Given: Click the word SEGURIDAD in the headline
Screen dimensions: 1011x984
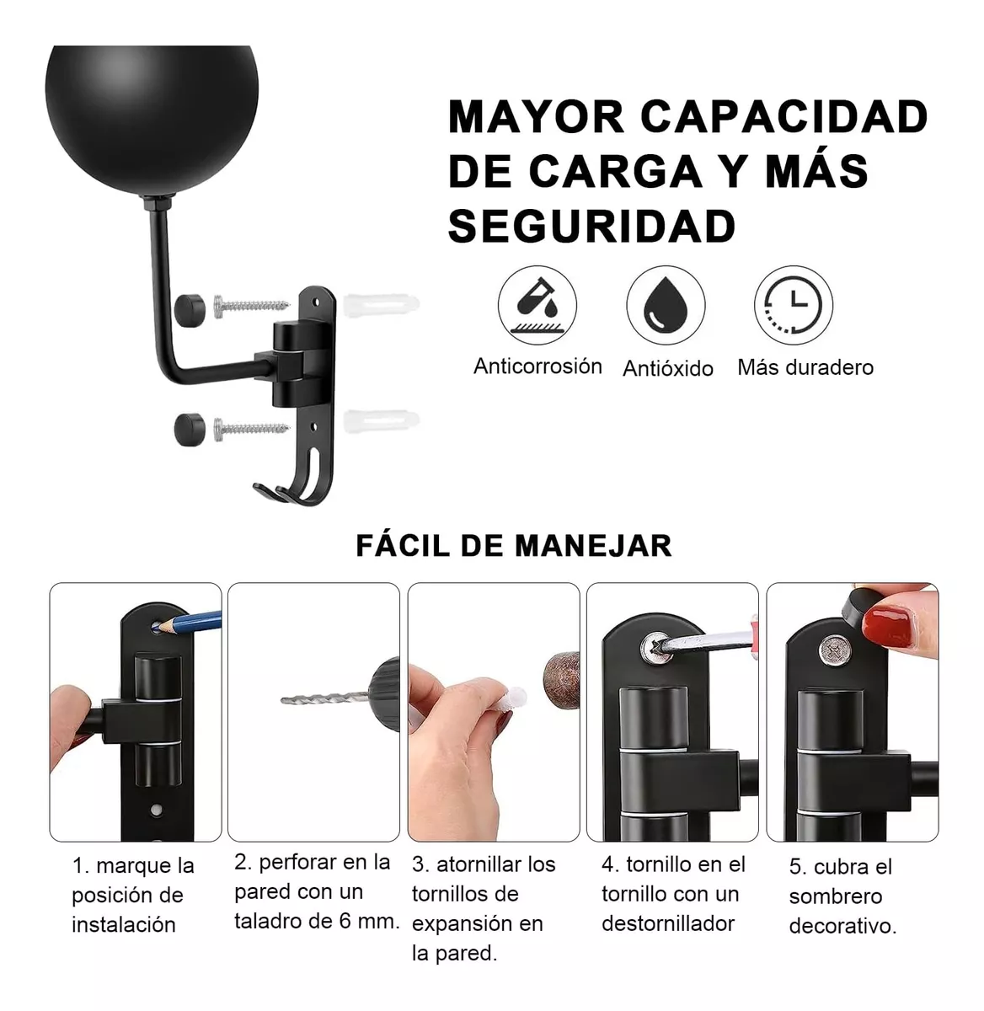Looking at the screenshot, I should click(591, 226).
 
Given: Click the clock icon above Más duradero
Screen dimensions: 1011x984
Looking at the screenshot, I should click(793, 305).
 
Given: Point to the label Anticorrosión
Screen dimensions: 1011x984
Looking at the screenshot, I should click(537, 366).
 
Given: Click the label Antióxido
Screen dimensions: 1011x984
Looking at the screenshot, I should click(667, 368).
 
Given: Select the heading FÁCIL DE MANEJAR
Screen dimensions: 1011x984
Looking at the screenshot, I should click(513, 546).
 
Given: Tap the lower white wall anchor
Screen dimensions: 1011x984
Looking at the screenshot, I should click(380, 420).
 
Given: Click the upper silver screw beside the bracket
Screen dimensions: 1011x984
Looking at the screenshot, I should click(249, 303).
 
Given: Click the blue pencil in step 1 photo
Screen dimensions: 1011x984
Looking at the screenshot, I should click(192, 623).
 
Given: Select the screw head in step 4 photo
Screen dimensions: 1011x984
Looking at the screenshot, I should click(654, 647).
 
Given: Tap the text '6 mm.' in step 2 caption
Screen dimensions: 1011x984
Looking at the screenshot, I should click(367, 921).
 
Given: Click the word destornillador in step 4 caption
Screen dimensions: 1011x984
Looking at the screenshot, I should click(668, 923).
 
